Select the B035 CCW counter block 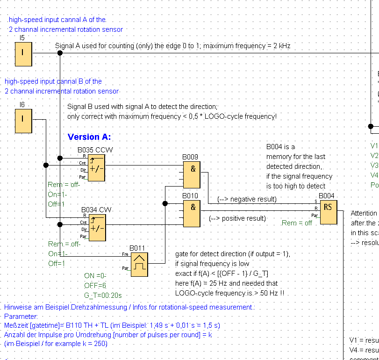pyautogui.click(x=97, y=167)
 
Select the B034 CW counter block pyautogui.click(x=97, y=227)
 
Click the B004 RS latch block pyautogui.click(x=328, y=212)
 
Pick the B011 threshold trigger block pyautogui.click(x=139, y=264)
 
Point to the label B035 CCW pyautogui.click(x=95, y=150)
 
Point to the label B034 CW pyautogui.click(x=96, y=210)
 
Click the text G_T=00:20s pyautogui.click(x=102, y=295)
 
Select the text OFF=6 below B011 pyautogui.click(x=95, y=285)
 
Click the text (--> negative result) pyautogui.click(x=247, y=199)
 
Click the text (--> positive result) pyautogui.click(x=237, y=218)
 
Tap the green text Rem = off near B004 pyautogui.click(x=296, y=223)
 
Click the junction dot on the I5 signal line pyautogui.click(x=59, y=53)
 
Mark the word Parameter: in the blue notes pyautogui.click(x=21, y=317)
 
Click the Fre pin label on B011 pyautogui.click(x=125, y=254)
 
